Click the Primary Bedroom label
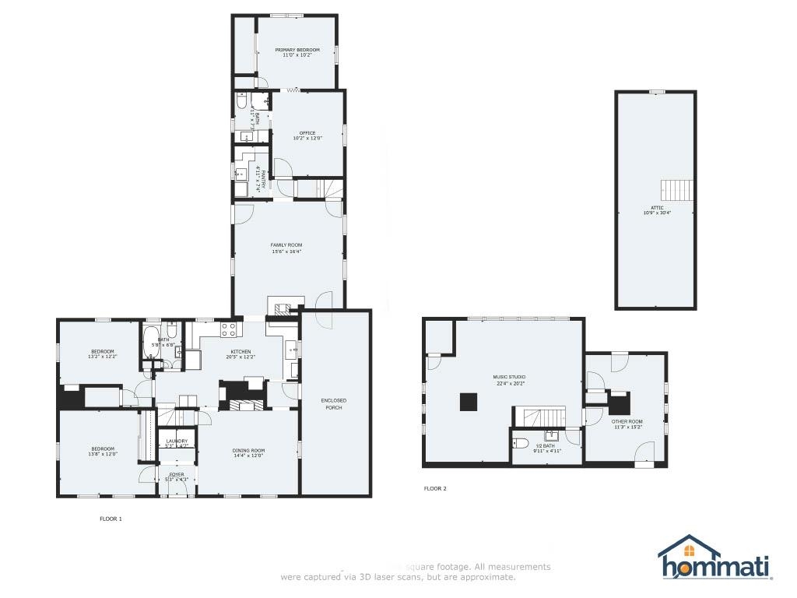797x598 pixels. pyautogui.click(x=297, y=52)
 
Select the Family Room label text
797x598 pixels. pyautogui.click(x=286, y=248)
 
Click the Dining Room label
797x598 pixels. pyautogui.click(x=248, y=452)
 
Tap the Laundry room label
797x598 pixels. pyautogui.click(x=177, y=443)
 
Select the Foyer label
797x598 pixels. pyautogui.click(x=177, y=476)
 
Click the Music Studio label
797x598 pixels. pyautogui.click(x=509, y=379)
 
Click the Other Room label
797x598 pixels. pyautogui.click(x=627, y=424)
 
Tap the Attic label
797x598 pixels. pyautogui.click(x=657, y=210)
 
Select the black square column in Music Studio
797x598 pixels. pyautogui.click(x=469, y=401)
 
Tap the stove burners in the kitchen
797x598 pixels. pyautogui.click(x=229, y=329)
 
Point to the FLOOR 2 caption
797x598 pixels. pyautogui.click(x=435, y=489)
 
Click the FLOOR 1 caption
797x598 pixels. pyautogui.click(x=111, y=519)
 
